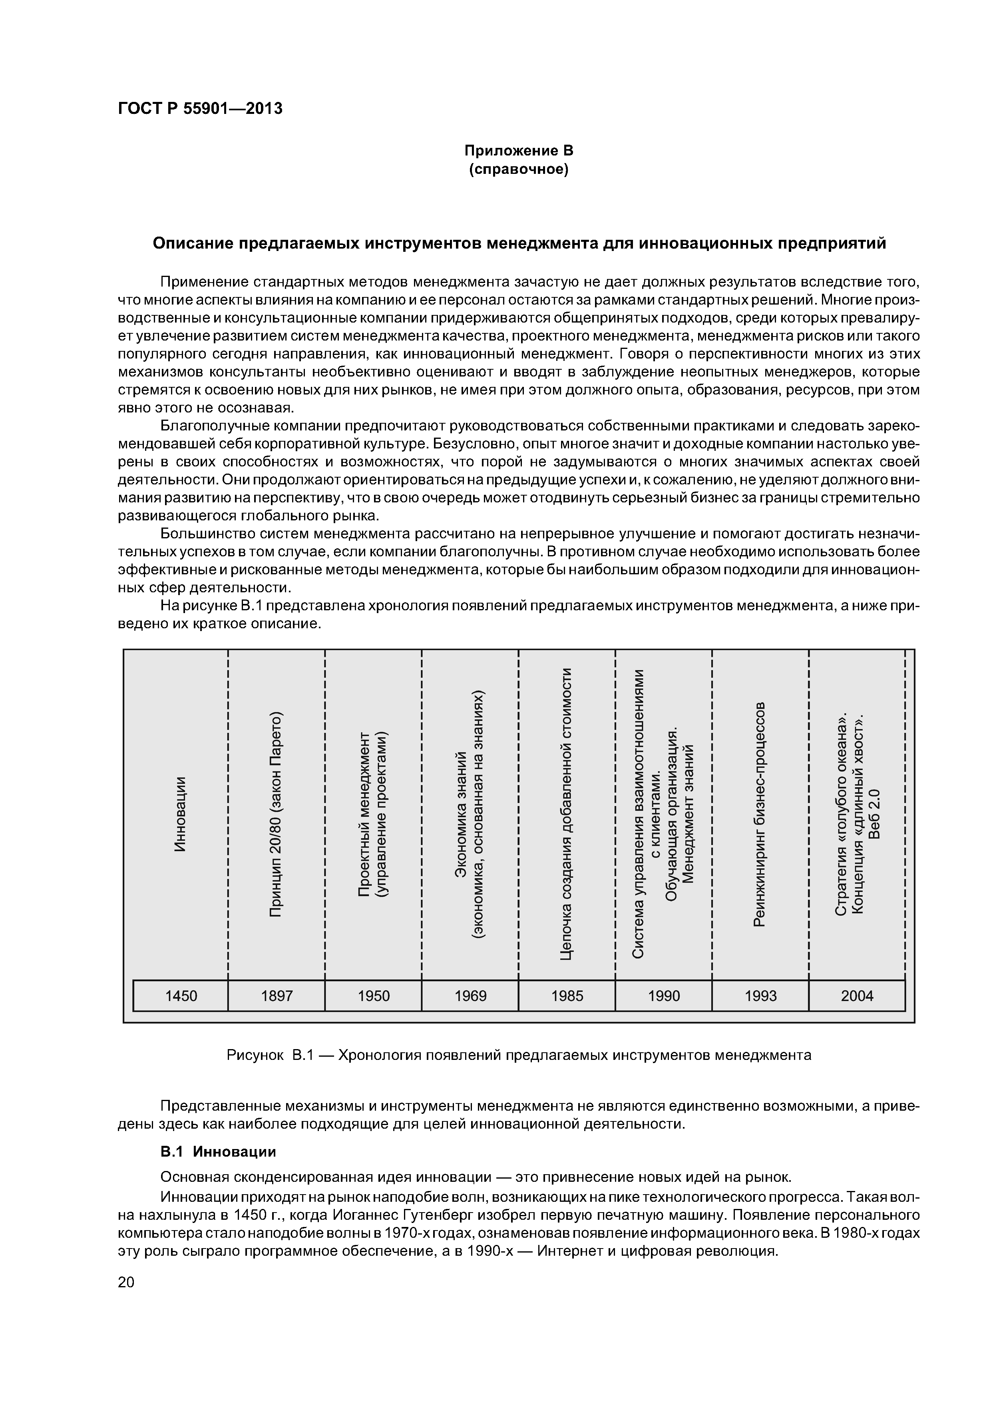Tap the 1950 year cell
(x=373, y=996)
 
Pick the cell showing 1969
(x=470, y=996)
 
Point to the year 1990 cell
(x=664, y=996)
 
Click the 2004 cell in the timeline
(x=857, y=996)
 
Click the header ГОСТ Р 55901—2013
(x=200, y=109)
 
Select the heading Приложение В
(x=518, y=150)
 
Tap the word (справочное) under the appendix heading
(x=518, y=169)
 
